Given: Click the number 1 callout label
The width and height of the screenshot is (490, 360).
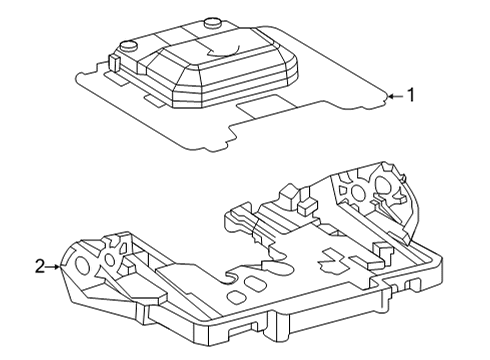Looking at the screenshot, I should point(409,96).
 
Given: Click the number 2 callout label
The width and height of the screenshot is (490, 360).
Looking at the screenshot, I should point(39,266).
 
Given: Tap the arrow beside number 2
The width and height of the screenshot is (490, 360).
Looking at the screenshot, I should point(56,266).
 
